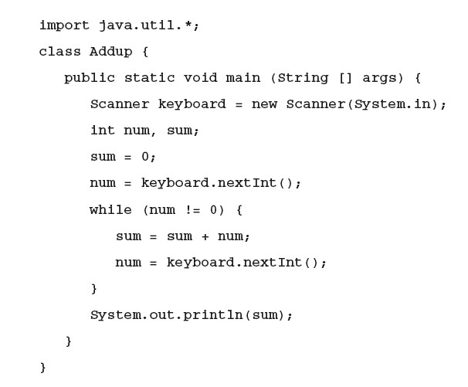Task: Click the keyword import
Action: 64,25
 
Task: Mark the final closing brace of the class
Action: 43,367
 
